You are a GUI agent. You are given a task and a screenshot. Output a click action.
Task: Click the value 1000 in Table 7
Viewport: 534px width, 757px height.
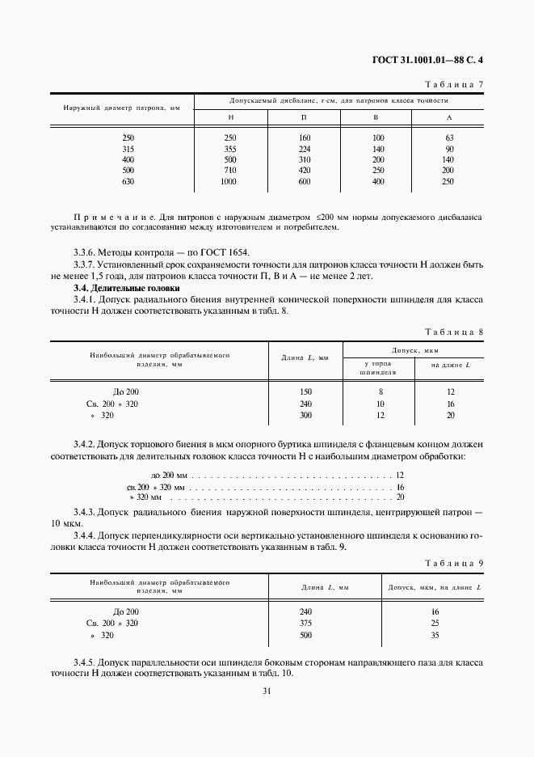[x=229, y=182]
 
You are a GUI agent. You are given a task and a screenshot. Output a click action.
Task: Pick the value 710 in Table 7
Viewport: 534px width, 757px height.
[x=229, y=171]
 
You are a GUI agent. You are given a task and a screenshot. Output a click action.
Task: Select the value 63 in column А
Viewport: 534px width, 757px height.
[x=450, y=138]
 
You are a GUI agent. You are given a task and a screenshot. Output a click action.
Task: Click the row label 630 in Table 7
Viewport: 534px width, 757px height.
[x=128, y=182]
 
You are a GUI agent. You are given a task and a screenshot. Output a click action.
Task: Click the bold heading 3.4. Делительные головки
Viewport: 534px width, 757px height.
[x=127, y=288]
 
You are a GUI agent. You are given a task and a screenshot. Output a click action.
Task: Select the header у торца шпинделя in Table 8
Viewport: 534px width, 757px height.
[x=379, y=369]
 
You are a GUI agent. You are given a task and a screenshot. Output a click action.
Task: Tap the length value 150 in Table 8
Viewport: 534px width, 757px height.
[x=305, y=392]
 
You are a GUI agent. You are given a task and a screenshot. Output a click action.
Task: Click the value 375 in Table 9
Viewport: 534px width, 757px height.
[x=305, y=624]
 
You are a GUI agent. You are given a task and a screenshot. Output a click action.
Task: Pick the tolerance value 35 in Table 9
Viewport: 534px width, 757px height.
[x=434, y=635]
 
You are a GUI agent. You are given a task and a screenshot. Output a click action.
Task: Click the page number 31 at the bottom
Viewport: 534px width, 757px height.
[x=266, y=690]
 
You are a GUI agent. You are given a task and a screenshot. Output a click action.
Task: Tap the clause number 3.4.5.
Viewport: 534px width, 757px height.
[x=86, y=662]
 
